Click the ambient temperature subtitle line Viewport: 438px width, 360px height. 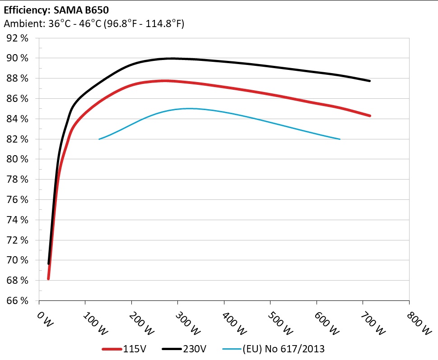pos(94,23)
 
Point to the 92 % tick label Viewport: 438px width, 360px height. pos(18,38)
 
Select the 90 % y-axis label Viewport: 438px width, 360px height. pos(18,58)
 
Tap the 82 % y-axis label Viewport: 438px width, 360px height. pos(18,139)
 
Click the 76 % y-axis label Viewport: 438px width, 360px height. pos(18,199)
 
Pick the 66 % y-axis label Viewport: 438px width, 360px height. pos(18,300)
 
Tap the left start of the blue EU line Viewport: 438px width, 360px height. pos(99,139)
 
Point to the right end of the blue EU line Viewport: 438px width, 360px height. pos(340,139)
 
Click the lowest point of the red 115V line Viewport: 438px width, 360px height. pos(48,279)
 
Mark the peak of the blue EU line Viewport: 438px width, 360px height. pos(189,108)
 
